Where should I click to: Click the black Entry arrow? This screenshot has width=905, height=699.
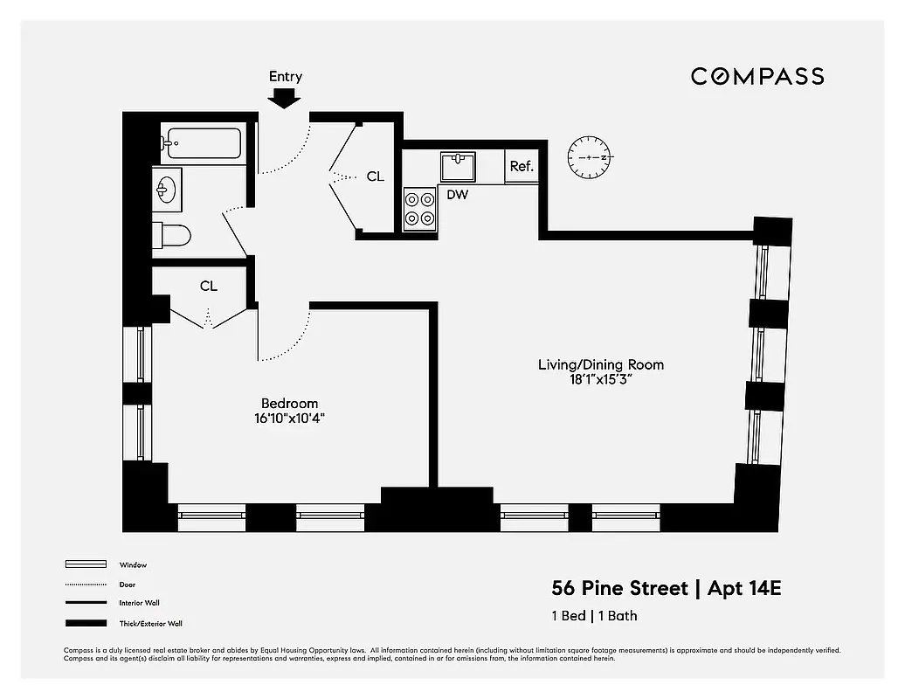click(x=285, y=99)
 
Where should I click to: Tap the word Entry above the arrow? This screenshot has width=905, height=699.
click(x=286, y=77)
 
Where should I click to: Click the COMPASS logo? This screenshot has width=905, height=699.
click(x=757, y=76)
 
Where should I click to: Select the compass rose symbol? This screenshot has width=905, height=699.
click(x=591, y=157)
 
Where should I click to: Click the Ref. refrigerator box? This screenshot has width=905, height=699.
click(x=522, y=167)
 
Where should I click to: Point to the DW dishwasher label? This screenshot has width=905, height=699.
click(x=457, y=195)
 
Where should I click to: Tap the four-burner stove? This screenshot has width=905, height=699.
click(x=418, y=209)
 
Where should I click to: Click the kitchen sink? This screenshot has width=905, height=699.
click(x=457, y=166)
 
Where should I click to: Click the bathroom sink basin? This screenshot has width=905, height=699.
click(x=168, y=190)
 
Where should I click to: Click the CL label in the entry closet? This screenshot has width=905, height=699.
click(x=375, y=177)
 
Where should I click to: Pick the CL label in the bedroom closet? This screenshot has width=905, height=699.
click(x=208, y=287)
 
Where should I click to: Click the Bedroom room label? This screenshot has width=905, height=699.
click(x=289, y=404)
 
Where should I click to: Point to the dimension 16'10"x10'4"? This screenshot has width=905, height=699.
click(x=289, y=418)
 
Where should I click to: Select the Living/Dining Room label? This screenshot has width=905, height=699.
click(x=600, y=364)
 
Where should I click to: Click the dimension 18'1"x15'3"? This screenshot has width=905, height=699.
click(x=600, y=378)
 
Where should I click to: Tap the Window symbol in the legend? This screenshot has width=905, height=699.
click(x=86, y=564)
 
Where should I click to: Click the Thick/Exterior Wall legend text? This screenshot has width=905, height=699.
click(x=150, y=624)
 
